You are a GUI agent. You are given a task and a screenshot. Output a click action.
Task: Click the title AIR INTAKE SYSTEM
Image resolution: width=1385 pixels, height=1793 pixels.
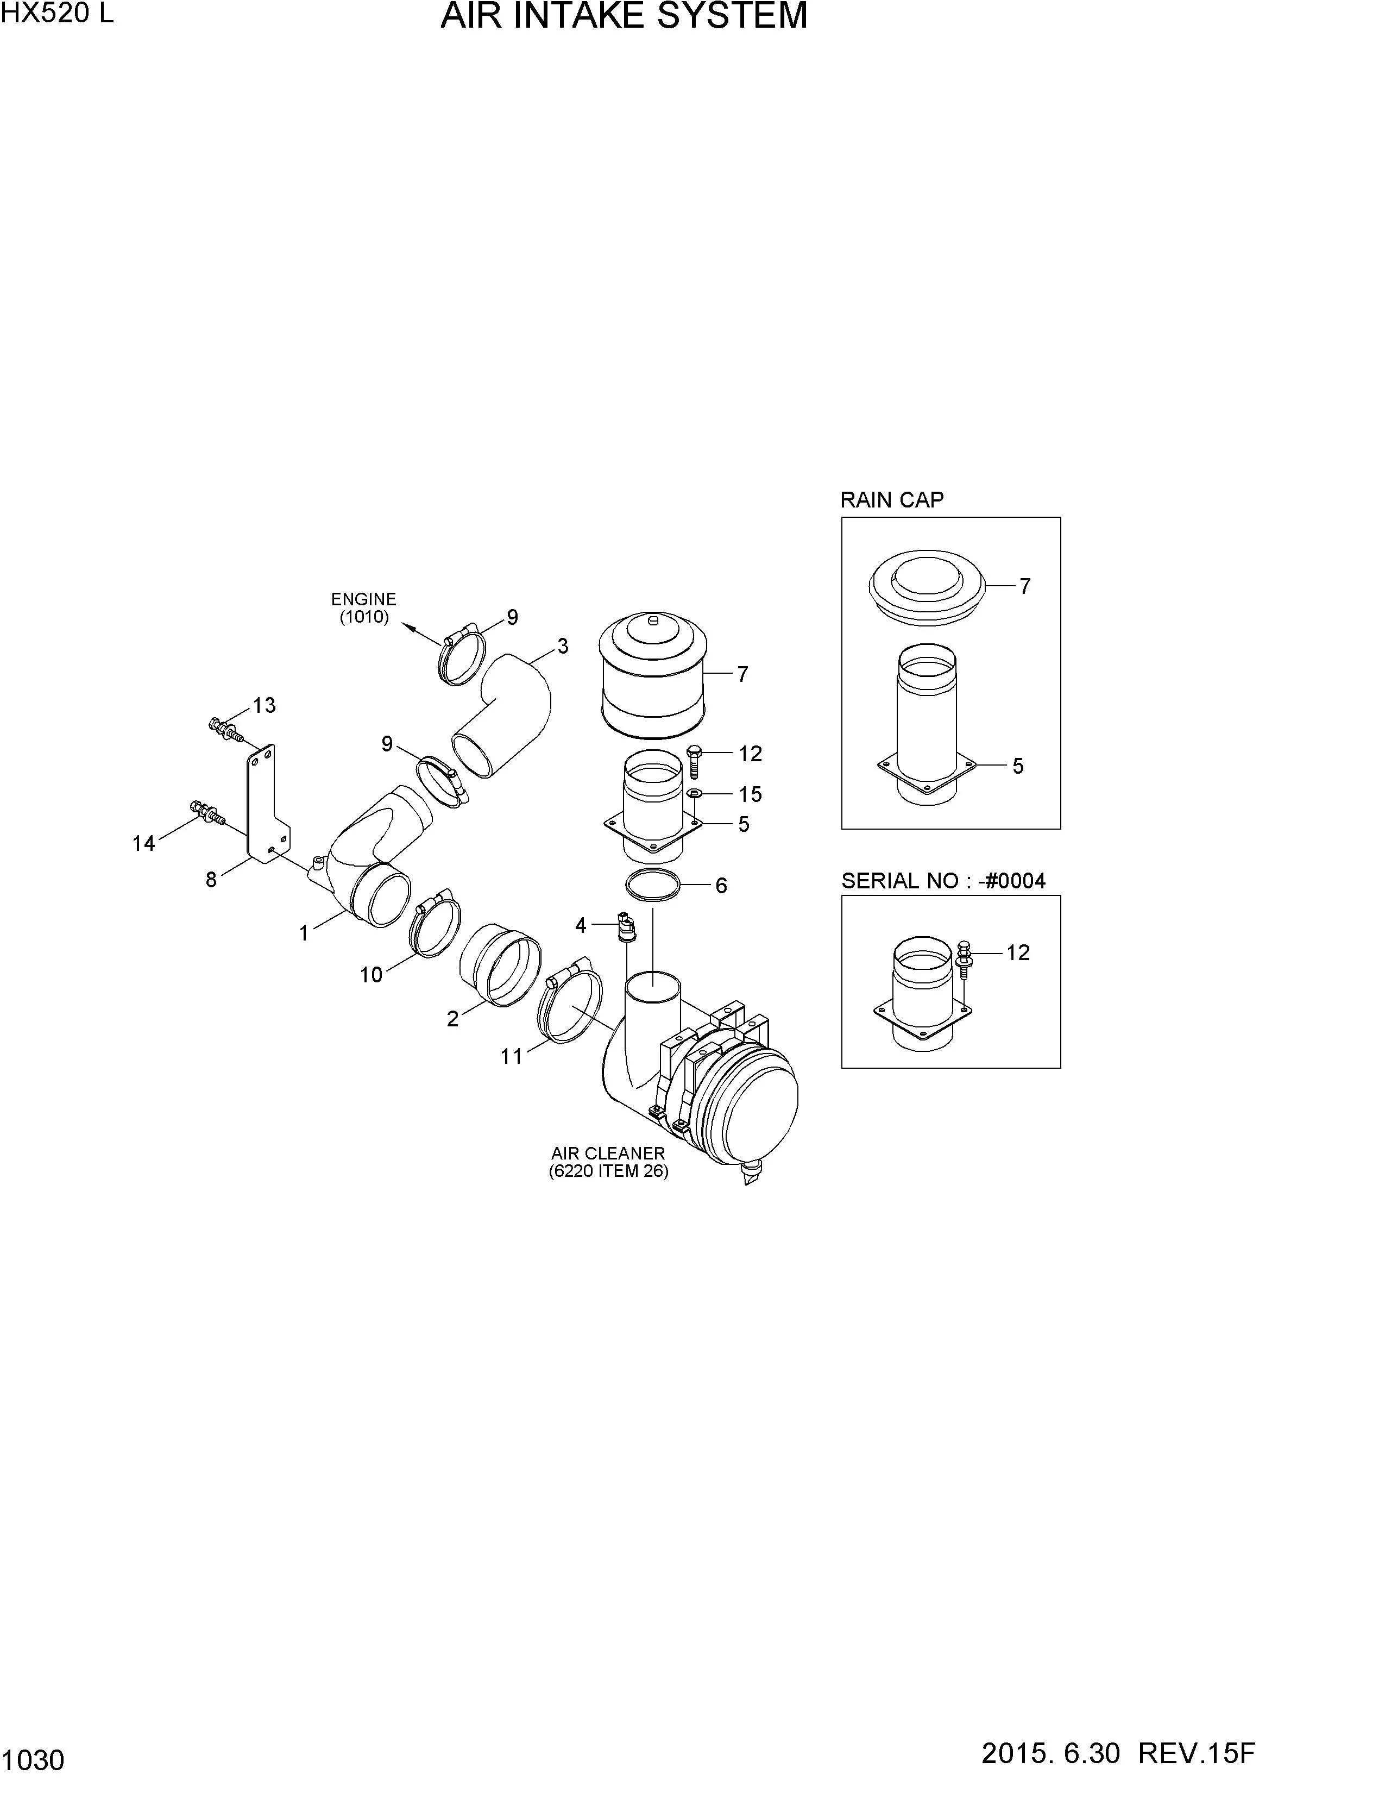624,16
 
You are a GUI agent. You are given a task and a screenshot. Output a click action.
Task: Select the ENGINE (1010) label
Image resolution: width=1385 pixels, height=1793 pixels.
363,609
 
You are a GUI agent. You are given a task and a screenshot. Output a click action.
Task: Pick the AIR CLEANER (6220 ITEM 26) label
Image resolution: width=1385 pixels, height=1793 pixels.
608,1163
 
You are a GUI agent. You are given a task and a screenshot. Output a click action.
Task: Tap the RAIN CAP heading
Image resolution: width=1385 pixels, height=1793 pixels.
892,500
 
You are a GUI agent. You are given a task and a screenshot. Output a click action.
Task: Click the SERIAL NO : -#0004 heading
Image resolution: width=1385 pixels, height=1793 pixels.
943,881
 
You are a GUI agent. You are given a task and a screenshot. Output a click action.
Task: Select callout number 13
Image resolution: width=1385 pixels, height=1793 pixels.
264,705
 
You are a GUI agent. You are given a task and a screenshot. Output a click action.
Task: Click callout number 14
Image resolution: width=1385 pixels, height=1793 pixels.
143,843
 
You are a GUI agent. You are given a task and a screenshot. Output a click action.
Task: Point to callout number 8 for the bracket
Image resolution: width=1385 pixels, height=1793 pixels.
211,880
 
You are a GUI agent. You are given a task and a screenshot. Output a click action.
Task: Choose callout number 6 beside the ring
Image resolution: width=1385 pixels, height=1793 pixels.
721,885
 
